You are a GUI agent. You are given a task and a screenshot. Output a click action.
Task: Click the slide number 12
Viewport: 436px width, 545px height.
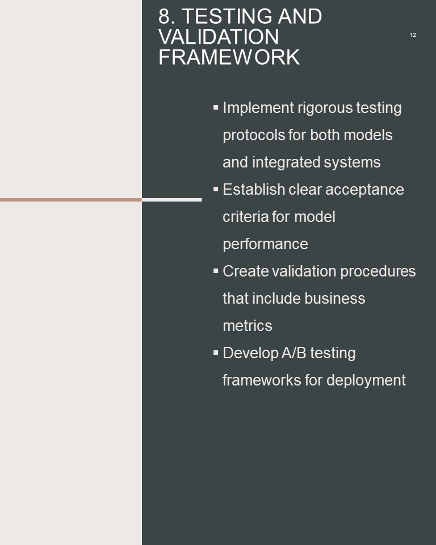(413, 35)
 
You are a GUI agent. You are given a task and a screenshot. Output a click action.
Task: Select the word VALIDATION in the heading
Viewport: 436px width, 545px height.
(219, 37)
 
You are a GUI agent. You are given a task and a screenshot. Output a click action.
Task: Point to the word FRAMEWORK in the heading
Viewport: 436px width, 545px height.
(229, 57)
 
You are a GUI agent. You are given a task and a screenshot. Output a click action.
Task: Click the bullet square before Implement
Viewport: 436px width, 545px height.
(216, 108)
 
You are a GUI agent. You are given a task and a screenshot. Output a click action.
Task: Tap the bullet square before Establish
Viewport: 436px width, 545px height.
(216, 190)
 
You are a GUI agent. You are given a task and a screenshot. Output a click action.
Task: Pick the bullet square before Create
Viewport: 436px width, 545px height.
(216, 271)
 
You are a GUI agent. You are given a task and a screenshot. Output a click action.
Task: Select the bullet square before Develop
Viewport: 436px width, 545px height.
(216, 353)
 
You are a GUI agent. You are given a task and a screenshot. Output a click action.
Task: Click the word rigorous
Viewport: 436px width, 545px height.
(325, 108)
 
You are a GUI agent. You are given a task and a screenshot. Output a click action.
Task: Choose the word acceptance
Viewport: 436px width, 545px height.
(364, 190)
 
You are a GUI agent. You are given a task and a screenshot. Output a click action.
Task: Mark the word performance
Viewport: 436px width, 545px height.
(265, 244)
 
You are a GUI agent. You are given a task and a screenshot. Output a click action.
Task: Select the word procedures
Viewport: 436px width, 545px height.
(378, 272)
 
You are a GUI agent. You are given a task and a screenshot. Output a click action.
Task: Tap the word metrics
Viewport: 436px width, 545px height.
(247, 326)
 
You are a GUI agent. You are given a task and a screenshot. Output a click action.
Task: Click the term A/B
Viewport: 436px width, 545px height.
(294, 353)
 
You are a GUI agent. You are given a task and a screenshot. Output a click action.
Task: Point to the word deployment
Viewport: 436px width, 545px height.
(366, 380)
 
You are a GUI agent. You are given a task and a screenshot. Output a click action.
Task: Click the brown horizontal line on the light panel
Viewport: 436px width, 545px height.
(71, 200)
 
